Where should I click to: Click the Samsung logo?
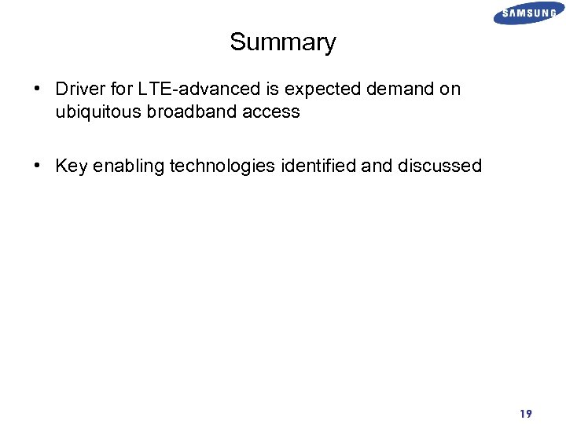coord(528,13)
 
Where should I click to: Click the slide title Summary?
coord(282,42)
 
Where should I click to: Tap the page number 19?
coord(525,413)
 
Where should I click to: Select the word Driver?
coord(79,90)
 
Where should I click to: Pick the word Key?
coord(71,166)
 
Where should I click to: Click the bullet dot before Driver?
coord(38,90)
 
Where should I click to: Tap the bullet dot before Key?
coord(38,166)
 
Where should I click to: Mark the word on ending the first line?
coord(450,90)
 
